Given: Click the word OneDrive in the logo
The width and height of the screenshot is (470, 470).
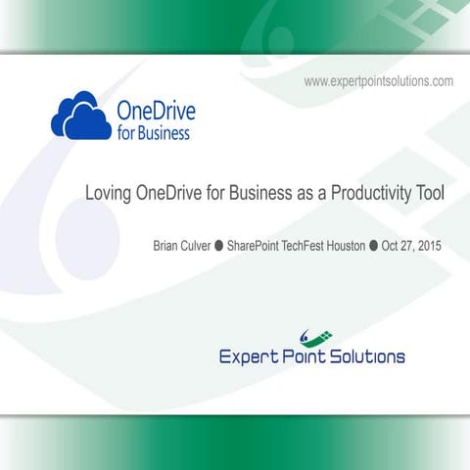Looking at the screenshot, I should [x=153, y=110].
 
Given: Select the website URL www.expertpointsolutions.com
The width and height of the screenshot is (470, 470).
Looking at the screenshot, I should [x=378, y=81].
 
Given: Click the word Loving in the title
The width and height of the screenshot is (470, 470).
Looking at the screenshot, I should [x=111, y=194].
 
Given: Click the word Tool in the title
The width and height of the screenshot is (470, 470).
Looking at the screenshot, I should [x=428, y=194].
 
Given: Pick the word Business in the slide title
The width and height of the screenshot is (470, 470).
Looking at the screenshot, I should [x=258, y=194].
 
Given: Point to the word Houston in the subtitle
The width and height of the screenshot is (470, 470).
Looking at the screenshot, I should [x=350, y=246].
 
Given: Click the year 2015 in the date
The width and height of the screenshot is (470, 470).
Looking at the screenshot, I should [x=429, y=246].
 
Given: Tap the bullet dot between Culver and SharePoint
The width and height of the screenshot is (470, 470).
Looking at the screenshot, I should [x=219, y=246].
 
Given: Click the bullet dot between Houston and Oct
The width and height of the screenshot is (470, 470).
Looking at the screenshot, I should [x=374, y=246].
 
